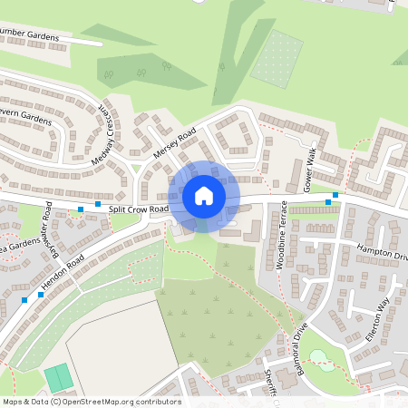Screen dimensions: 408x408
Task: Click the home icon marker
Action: pyautogui.click(x=204, y=196)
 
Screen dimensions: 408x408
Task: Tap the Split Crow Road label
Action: pyautogui.click(x=139, y=209)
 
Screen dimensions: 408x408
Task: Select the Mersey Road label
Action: pyautogui.click(x=175, y=142)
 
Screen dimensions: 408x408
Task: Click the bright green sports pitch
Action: pyautogui.click(x=57, y=377)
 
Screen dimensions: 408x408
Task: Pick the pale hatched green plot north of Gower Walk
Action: pyautogui.click(x=277, y=58)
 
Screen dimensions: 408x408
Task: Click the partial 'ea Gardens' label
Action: pyautogui.click(x=13, y=253)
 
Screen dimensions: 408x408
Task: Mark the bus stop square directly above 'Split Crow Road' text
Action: pyautogui.click(x=98, y=204)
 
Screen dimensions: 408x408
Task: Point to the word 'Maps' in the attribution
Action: pyautogui.click(x=13, y=402)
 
